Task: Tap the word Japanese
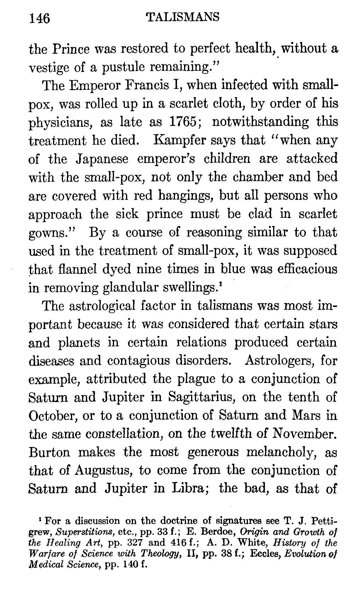click(102, 159)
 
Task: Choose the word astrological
click(103, 306)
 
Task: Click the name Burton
click(49, 452)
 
